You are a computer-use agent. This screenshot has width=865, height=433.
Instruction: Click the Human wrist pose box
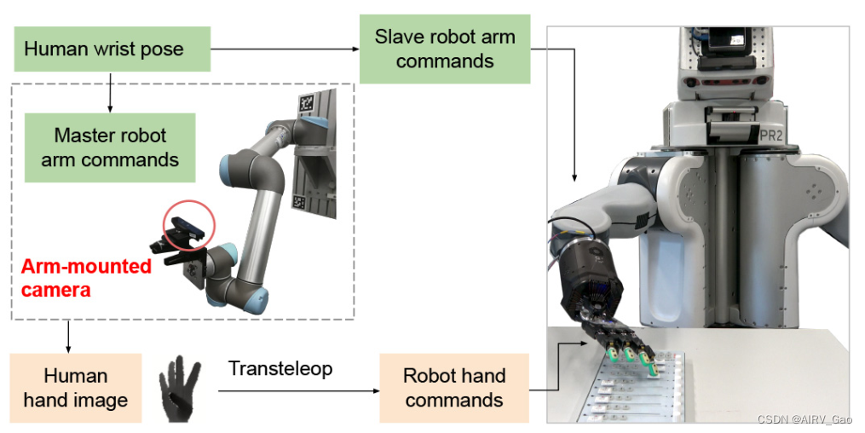click(112, 49)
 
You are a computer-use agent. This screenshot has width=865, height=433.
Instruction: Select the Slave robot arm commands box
click(444, 49)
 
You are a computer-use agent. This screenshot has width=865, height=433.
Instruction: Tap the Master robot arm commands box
click(110, 147)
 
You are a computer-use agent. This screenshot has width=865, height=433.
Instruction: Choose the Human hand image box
click(76, 388)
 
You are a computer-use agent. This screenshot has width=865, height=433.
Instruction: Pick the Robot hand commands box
click(453, 388)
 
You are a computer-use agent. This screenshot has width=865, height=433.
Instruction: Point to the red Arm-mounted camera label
click(85, 278)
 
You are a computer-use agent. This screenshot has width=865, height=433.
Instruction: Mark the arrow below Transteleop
click(298, 391)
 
